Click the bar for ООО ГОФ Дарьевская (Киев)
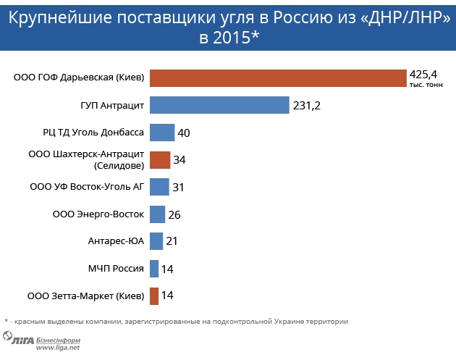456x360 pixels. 278,78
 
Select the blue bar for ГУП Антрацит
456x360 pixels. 219,105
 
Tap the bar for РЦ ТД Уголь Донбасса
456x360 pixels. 162,133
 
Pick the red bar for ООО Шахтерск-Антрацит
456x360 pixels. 160,159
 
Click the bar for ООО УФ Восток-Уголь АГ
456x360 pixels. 159,187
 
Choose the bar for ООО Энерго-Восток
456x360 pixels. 157,214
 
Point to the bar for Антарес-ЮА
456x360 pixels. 156,241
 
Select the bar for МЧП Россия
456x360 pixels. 154,269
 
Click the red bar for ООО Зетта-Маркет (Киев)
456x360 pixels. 154,296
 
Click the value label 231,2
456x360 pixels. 306,106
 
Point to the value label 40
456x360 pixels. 184,133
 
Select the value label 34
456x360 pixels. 180,160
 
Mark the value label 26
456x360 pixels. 174,215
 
